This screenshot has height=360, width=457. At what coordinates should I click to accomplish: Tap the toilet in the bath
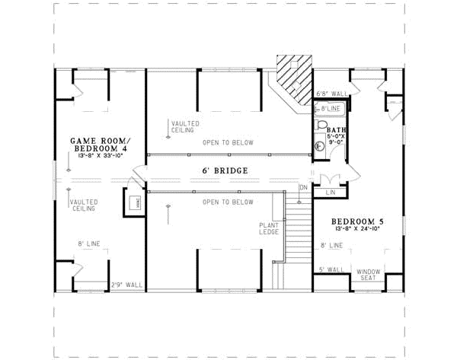click(321, 127)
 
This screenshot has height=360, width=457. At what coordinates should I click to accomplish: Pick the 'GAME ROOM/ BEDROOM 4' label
click(99, 145)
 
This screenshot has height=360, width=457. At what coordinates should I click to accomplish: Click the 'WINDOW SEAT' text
click(369, 274)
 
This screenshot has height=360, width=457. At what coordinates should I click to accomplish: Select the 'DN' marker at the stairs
click(303, 187)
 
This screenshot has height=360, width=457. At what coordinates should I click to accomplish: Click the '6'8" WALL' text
click(331, 94)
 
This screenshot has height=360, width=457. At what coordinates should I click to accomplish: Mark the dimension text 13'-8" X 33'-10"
click(99, 155)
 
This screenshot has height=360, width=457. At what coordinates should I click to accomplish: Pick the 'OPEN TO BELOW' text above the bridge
click(227, 143)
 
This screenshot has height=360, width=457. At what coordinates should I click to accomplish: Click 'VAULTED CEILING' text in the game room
click(81, 205)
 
